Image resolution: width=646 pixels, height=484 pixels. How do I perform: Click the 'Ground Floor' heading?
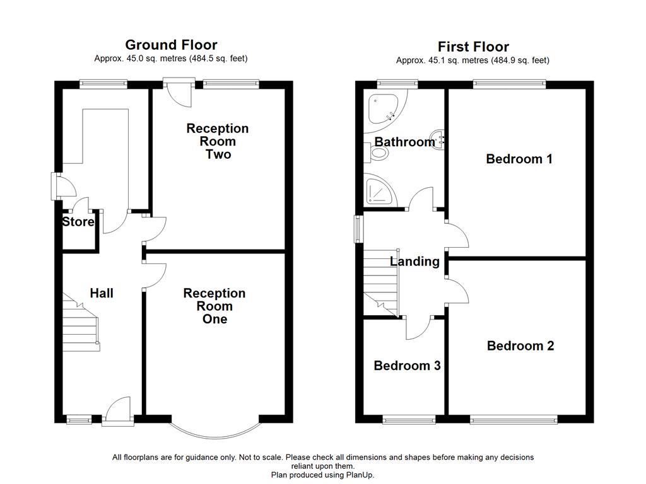(171, 45)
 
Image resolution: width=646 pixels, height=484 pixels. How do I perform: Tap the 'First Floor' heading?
(473, 47)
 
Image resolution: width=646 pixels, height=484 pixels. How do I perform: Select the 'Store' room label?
(78, 222)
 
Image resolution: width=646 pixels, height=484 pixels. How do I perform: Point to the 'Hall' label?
(102, 293)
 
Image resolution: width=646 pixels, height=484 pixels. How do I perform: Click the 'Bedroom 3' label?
(407, 366)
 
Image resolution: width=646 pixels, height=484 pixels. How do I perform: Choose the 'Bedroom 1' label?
(519, 159)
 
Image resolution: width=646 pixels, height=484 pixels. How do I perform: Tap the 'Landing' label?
(414, 262)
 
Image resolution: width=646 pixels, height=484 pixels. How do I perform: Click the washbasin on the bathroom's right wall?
(438, 139)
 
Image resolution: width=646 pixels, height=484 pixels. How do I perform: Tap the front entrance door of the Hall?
(117, 411)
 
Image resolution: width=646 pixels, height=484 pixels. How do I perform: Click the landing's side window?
(358, 228)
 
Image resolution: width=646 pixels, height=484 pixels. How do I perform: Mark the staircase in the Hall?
(81, 325)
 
